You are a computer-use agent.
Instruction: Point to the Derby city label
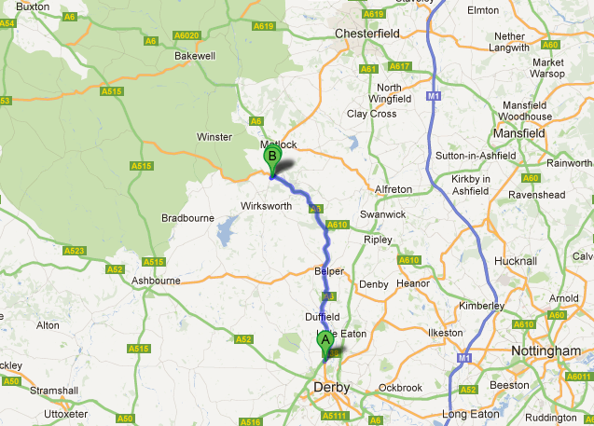tap(331, 387)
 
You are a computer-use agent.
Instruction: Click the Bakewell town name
tap(195, 56)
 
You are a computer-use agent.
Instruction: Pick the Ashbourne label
tap(155, 280)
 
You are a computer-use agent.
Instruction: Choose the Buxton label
tap(33, 6)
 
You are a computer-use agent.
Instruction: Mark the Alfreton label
tap(393, 189)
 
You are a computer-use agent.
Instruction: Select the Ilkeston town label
tap(445, 333)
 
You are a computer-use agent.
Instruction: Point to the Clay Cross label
tap(371, 114)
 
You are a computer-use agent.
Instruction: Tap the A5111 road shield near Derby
tap(336, 416)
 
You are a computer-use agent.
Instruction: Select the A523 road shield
tap(74, 251)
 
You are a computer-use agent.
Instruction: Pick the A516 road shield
tap(250, 421)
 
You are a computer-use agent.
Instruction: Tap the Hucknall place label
tap(518, 262)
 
